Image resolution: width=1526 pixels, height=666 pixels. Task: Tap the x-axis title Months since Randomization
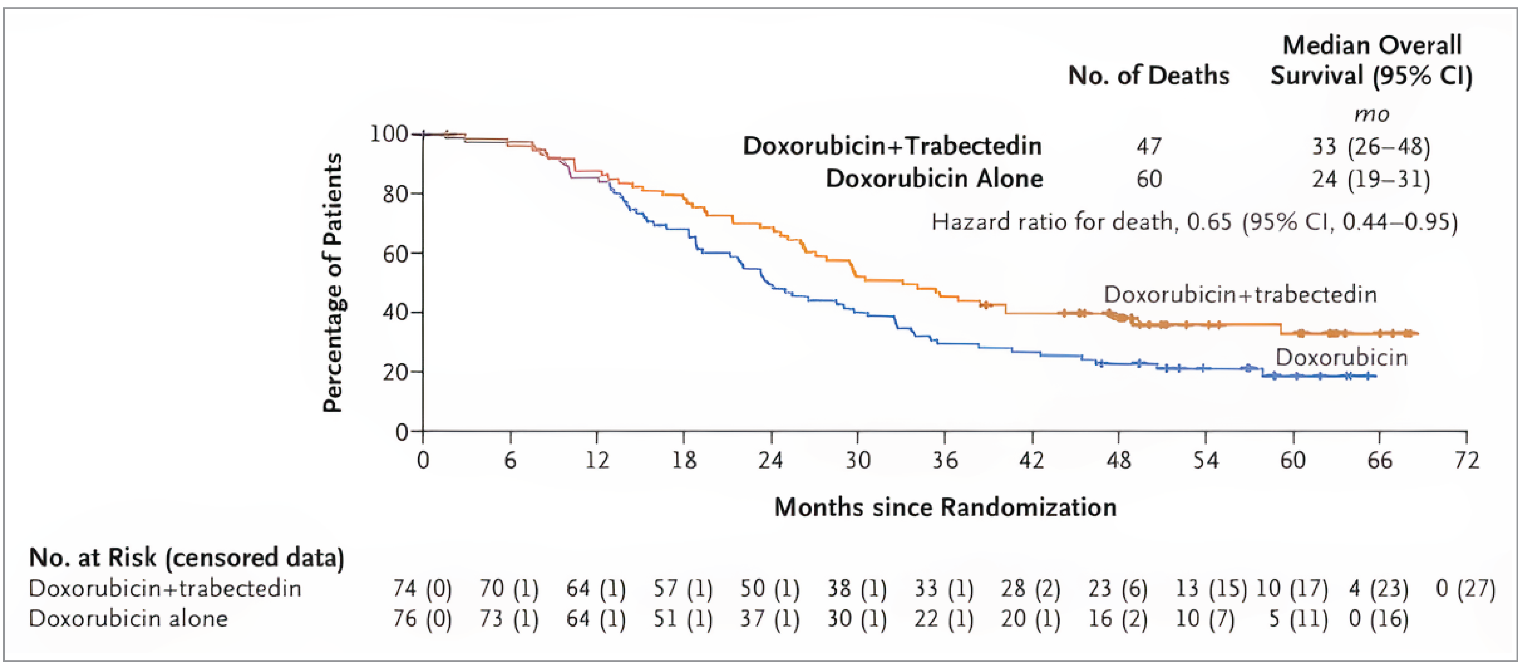(x=945, y=507)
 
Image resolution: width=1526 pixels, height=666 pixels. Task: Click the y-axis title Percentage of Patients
(x=333, y=283)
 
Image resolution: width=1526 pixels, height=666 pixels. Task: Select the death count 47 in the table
(x=1149, y=146)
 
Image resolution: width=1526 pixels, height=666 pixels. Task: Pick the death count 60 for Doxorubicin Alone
(x=1149, y=179)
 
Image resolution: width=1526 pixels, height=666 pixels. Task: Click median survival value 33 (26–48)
(x=1371, y=146)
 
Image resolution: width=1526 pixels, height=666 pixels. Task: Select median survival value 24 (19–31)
(x=1371, y=179)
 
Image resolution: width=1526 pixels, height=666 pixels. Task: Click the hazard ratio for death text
(x=1194, y=222)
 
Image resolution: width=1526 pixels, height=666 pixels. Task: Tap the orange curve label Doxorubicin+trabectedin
(x=1240, y=294)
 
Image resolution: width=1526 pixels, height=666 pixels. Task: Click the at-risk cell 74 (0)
(x=422, y=588)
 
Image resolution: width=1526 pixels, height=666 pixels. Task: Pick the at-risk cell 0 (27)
(x=1466, y=588)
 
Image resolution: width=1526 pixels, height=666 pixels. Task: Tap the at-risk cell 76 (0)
(x=422, y=619)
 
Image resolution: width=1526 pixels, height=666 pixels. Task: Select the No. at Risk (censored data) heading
(x=187, y=558)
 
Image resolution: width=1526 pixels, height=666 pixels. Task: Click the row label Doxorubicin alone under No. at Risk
(x=129, y=619)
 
